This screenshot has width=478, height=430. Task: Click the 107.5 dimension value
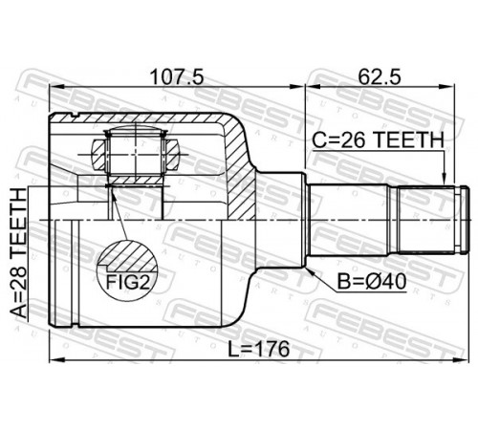(x=177, y=77)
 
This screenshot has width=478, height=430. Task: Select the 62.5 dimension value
(x=380, y=77)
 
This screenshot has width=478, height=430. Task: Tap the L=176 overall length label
(x=258, y=349)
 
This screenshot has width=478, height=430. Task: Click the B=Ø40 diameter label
(x=372, y=282)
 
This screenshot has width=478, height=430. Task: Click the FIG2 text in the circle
(x=128, y=282)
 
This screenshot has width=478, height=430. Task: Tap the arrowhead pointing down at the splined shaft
(x=444, y=179)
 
